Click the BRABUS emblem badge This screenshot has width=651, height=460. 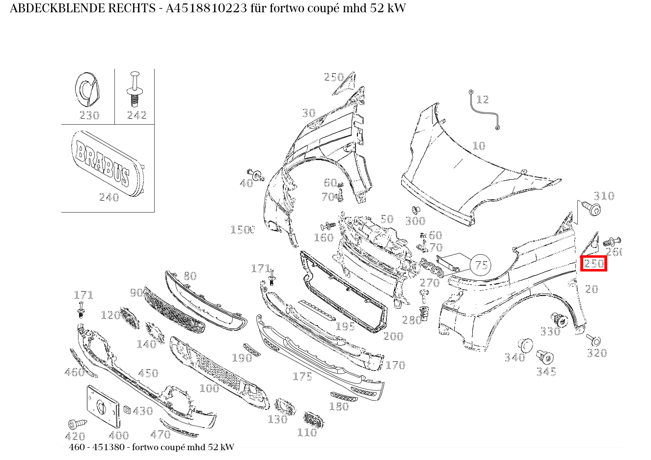pyautogui.click(x=107, y=162)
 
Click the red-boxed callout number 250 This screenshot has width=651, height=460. pyautogui.click(x=594, y=264)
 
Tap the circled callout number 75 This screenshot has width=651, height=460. pyautogui.click(x=481, y=266)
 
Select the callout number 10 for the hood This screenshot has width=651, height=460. pyautogui.click(x=479, y=146)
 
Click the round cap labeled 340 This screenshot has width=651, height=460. pyautogui.click(x=525, y=345)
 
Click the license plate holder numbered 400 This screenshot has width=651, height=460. pyautogui.click(x=103, y=406)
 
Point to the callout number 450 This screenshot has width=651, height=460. pyautogui.click(x=148, y=374)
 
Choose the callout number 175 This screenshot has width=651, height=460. pyautogui.click(x=302, y=377)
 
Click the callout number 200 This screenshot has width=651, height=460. pyautogui.click(x=393, y=336)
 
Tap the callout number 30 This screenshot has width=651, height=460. pyautogui.click(x=308, y=113)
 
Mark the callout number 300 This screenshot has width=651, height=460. pyautogui.click(x=415, y=221)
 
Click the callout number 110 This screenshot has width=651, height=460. pyautogui.click(x=307, y=433)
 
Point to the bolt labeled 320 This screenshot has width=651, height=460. pyautogui.click(x=595, y=340)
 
